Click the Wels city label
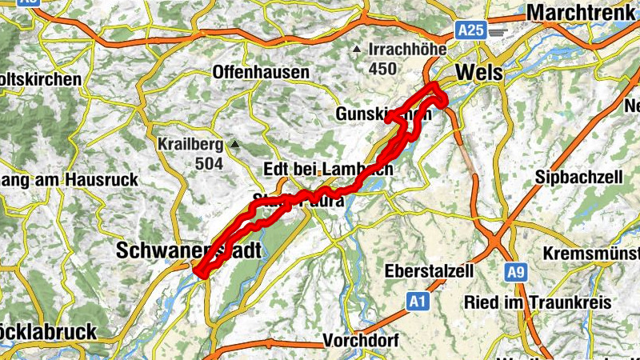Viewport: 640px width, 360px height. pyautogui.click(x=480, y=73)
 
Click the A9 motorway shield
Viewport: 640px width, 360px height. pyautogui.click(x=516, y=274)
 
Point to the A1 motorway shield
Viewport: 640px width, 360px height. pyautogui.click(x=416, y=302)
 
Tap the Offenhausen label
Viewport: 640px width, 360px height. pyautogui.click(x=261, y=73)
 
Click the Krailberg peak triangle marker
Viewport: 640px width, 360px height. pyautogui.click(x=234, y=145)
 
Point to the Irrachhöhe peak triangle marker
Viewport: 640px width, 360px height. pyautogui.click(x=357, y=50)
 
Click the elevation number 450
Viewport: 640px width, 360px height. pyautogui.click(x=382, y=69)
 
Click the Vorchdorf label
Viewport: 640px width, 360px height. pyautogui.click(x=361, y=341)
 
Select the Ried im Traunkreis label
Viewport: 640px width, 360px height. pyautogui.click(x=538, y=302)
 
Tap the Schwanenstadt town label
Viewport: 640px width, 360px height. pyautogui.click(x=189, y=250)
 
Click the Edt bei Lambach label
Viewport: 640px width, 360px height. pyautogui.click(x=328, y=170)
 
